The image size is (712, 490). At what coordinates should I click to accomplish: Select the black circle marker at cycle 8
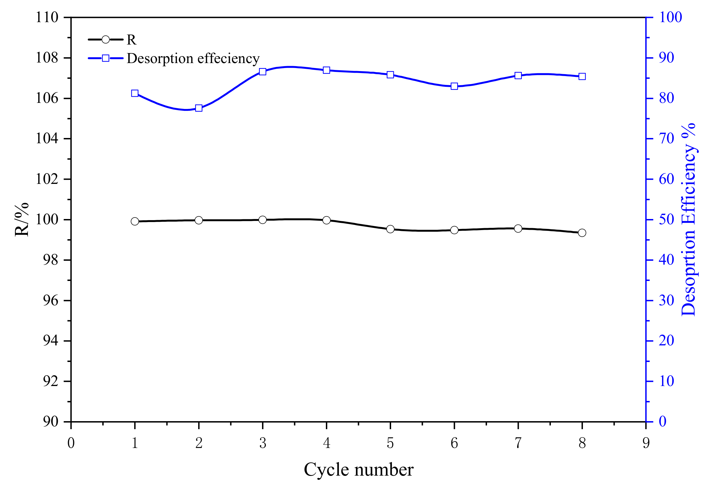[582, 233]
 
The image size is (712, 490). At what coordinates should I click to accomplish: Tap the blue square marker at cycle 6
[454, 86]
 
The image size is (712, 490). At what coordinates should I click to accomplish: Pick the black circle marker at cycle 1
[135, 221]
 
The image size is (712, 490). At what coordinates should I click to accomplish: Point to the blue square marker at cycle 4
[326, 70]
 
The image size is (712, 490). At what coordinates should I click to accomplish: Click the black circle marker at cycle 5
[390, 229]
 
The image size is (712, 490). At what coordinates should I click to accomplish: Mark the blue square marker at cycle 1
[135, 93]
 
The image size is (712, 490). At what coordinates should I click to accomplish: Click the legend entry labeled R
[131, 40]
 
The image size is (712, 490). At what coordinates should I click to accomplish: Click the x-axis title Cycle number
[358, 470]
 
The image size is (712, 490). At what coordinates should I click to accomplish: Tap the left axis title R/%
[22, 219]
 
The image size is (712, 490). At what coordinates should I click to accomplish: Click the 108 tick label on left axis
[47, 58]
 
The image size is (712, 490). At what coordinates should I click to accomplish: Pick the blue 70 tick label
[666, 139]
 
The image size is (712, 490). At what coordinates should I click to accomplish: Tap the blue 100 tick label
[670, 17]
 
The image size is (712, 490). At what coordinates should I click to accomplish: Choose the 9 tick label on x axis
[646, 443]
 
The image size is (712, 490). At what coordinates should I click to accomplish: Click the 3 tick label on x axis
[263, 443]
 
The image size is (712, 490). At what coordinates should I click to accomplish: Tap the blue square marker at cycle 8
[582, 76]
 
